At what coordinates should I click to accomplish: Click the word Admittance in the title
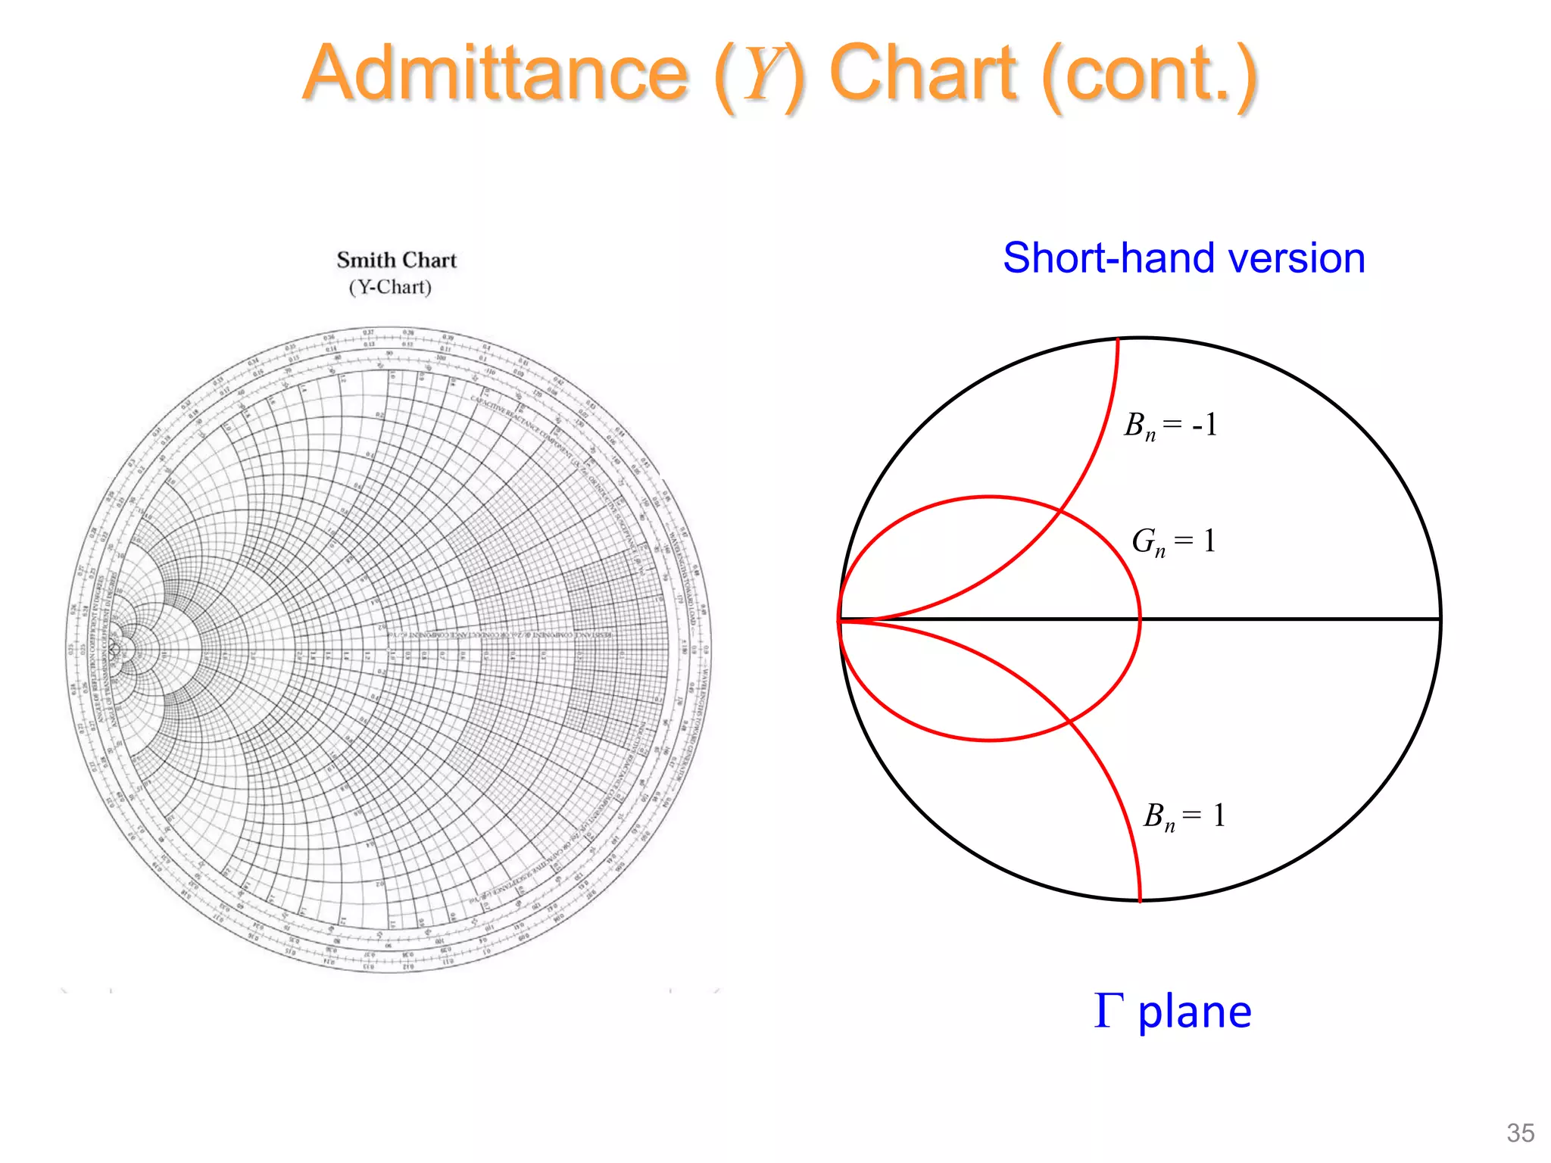(x=496, y=73)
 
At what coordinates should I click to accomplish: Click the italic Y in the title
(x=760, y=75)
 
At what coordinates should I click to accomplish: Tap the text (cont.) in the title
(x=1150, y=75)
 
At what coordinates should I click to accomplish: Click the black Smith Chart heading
(x=396, y=260)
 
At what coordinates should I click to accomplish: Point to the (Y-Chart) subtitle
(x=390, y=288)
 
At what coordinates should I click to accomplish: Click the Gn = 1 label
(x=1173, y=542)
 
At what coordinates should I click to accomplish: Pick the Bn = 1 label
(x=1184, y=817)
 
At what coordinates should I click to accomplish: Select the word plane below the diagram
(x=1195, y=1012)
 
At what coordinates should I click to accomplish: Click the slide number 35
(x=1520, y=1133)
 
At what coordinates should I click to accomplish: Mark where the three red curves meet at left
(x=841, y=619)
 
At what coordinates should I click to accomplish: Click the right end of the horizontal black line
(x=1439, y=619)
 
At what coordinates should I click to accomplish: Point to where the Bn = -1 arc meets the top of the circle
(x=1118, y=340)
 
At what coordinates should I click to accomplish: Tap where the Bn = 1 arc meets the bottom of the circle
(x=1140, y=900)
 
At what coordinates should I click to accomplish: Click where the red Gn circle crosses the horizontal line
(x=1139, y=619)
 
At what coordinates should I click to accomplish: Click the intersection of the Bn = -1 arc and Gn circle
(x=1059, y=513)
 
